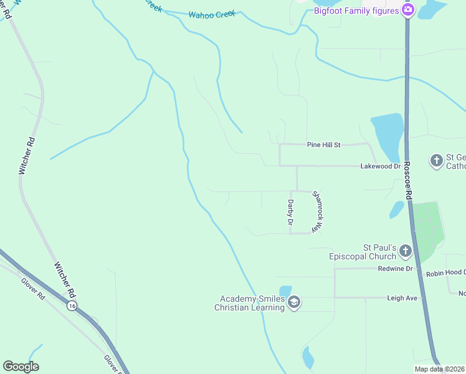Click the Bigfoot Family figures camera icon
[x=408, y=9]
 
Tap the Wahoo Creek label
[x=212, y=13]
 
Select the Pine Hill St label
[x=324, y=145]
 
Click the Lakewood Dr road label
[x=381, y=166]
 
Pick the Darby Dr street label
[x=290, y=213]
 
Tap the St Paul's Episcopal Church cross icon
[x=405, y=251]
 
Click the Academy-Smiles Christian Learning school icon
[x=294, y=303]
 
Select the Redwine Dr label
[x=396, y=268]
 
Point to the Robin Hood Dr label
[x=445, y=273]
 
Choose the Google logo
[x=21, y=367]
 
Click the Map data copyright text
[x=439, y=369]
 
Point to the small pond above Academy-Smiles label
[x=285, y=290]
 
